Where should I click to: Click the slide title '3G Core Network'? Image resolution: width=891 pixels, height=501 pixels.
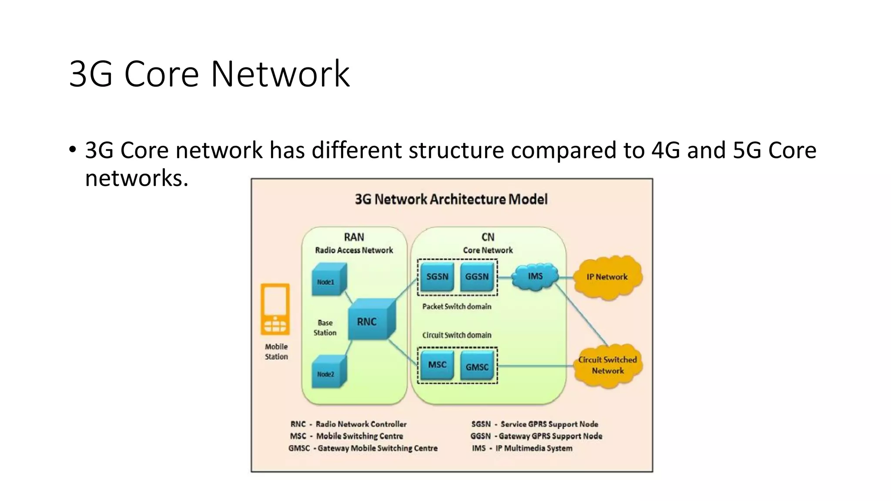click(209, 74)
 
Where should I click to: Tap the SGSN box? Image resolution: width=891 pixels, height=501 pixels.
click(437, 277)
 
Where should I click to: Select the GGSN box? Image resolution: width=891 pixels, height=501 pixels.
click(477, 277)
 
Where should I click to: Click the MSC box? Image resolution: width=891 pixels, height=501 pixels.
click(437, 365)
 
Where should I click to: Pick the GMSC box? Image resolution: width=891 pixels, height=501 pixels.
click(477, 367)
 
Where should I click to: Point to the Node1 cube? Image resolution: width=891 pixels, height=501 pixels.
click(327, 281)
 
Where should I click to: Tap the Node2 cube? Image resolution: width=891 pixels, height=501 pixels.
click(327, 373)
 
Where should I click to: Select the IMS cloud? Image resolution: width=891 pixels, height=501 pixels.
click(535, 277)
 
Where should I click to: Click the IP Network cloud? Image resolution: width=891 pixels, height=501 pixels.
click(607, 277)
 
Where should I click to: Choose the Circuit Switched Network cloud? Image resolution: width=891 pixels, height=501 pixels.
click(607, 365)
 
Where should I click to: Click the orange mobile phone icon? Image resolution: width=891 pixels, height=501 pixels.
click(275, 309)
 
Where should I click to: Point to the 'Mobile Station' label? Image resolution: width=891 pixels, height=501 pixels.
click(276, 351)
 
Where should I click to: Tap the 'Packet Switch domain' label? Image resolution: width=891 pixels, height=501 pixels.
click(456, 307)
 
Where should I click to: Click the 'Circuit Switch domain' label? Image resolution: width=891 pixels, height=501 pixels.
click(456, 335)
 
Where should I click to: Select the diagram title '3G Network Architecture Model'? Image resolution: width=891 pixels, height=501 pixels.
click(451, 199)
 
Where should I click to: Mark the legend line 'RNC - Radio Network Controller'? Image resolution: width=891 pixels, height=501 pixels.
click(348, 424)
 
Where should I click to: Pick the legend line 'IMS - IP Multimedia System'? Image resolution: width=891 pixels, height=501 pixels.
click(522, 448)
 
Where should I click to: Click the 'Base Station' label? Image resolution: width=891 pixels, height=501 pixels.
click(325, 327)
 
